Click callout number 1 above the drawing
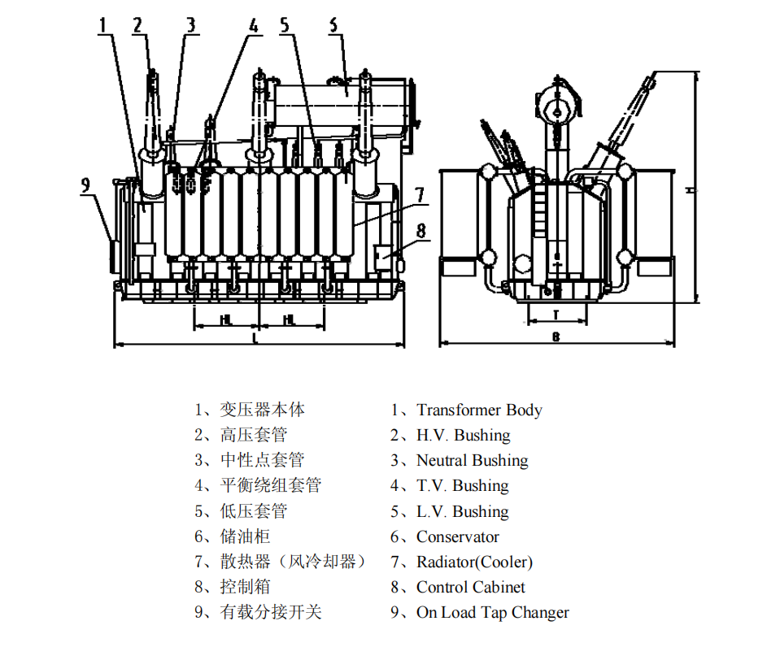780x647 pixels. click(x=102, y=24)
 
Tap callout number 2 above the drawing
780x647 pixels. click(x=139, y=24)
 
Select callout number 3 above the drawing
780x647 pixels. click(x=190, y=24)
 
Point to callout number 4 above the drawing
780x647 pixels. click(x=253, y=25)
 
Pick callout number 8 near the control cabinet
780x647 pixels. click(x=420, y=231)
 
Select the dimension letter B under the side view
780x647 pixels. click(x=556, y=337)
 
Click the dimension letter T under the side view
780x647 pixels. click(x=556, y=313)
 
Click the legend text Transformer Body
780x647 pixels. click(x=479, y=410)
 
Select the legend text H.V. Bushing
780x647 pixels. click(x=463, y=436)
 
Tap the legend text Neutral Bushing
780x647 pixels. click(x=472, y=461)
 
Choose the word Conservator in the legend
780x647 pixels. click(x=457, y=536)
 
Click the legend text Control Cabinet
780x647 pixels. click(x=471, y=587)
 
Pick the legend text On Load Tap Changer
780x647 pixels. click(x=492, y=612)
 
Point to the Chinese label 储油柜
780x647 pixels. click(x=245, y=536)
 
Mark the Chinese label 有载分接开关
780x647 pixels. click(x=271, y=612)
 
